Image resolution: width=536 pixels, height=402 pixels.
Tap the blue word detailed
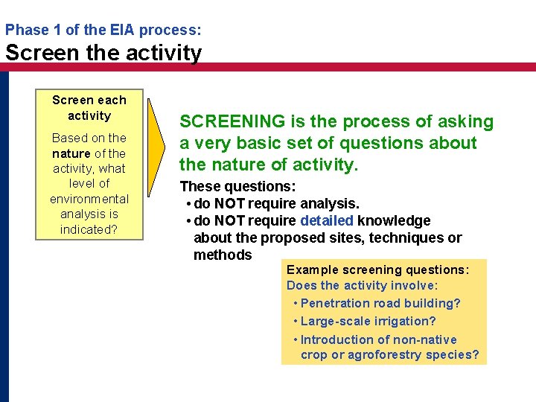pos(327,220)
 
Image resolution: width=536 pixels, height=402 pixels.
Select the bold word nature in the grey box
pos(71,153)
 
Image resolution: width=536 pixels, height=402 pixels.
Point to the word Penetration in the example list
pos(339,303)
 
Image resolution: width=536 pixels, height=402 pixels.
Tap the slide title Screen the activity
pos(103,53)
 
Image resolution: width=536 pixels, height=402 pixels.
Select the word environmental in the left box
pos(89,199)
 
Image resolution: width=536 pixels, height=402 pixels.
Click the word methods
pos(223,255)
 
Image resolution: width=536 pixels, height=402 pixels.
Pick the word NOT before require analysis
pos(229,203)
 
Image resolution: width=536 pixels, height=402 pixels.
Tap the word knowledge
pos(394,220)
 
